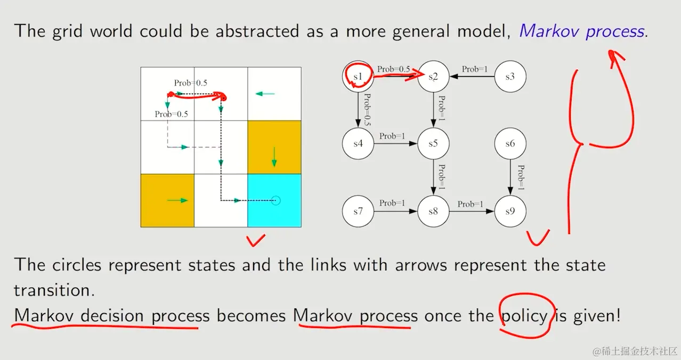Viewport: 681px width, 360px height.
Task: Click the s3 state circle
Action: tap(510, 76)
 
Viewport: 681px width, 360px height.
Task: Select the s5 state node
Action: tap(433, 143)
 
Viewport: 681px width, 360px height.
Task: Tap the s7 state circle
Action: tap(358, 211)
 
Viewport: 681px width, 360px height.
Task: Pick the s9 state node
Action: tap(510, 211)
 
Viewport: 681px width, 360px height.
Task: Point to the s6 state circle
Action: tap(510, 143)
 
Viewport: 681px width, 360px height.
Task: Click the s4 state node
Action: tap(358, 143)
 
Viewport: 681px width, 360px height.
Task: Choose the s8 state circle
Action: tap(433, 211)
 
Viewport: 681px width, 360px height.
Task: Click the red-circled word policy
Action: tap(524, 316)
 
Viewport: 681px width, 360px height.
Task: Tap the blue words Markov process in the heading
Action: tap(581, 31)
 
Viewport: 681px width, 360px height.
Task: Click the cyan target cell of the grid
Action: tap(274, 201)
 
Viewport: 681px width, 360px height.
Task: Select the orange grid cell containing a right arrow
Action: tap(167, 201)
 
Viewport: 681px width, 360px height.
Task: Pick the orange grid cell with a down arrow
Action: tap(274, 148)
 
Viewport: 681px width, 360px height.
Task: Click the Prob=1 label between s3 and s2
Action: tap(475, 69)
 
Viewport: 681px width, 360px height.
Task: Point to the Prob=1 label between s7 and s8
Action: tap(392, 203)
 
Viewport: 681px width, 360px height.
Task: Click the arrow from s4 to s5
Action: tap(395, 143)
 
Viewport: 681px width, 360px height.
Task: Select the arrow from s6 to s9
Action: tap(510, 177)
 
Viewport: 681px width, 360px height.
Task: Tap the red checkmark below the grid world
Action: tap(256, 241)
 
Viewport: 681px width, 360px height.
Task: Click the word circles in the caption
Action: tap(77, 265)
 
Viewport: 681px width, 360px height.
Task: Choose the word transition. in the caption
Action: tap(54, 290)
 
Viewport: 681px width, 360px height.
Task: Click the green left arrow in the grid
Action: tap(265, 94)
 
